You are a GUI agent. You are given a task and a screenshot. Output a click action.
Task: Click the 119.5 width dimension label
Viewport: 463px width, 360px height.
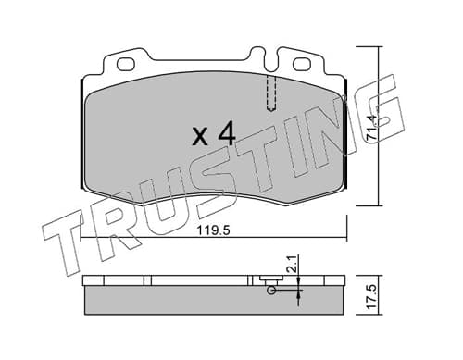click(x=214, y=230)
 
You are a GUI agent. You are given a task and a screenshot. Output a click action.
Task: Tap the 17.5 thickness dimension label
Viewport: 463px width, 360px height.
click(x=372, y=296)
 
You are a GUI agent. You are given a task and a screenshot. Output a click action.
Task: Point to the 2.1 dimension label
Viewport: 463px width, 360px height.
click(x=292, y=264)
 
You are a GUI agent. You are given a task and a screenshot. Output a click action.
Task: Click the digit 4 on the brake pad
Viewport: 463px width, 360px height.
click(x=227, y=133)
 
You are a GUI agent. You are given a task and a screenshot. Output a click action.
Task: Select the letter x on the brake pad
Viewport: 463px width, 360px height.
click(x=200, y=137)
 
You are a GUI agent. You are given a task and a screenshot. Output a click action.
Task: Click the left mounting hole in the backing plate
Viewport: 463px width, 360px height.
click(x=126, y=65)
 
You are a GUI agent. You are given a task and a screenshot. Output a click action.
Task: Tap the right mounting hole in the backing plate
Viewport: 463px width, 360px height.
click(x=302, y=65)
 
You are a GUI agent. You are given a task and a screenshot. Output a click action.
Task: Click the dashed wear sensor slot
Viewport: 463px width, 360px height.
click(x=271, y=93)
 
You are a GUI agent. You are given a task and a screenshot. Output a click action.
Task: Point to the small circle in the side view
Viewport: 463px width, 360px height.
click(x=271, y=290)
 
